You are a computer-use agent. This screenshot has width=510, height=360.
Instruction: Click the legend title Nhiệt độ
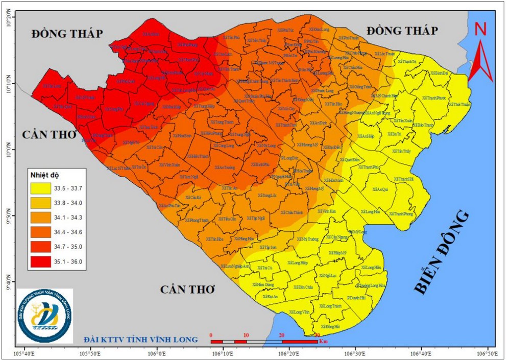click(x=44, y=175)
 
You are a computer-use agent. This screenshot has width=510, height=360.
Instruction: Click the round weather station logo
click(x=44, y=315)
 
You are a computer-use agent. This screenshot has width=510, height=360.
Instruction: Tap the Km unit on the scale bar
click(x=323, y=341)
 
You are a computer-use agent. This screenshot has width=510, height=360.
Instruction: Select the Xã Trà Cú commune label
click(x=265, y=268)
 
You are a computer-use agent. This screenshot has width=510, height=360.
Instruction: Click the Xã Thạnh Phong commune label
click(x=401, y=214)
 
